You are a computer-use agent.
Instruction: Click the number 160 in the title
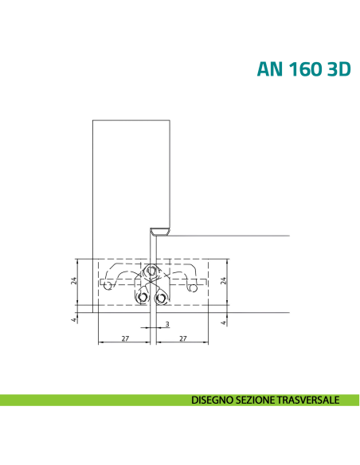pos(305,69)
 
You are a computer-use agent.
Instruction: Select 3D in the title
pos(339,69)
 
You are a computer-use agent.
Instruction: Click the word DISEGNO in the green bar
pos(213,400)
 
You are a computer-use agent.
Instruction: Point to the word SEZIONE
pos(256,400)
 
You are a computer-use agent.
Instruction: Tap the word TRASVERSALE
pos(308,400)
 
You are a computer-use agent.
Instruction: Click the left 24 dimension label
pos(74,280)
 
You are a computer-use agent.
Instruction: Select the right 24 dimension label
pos(224,280)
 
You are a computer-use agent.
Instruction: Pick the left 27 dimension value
pos(125,338)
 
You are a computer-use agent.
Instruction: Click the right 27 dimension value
pos(183,338)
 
